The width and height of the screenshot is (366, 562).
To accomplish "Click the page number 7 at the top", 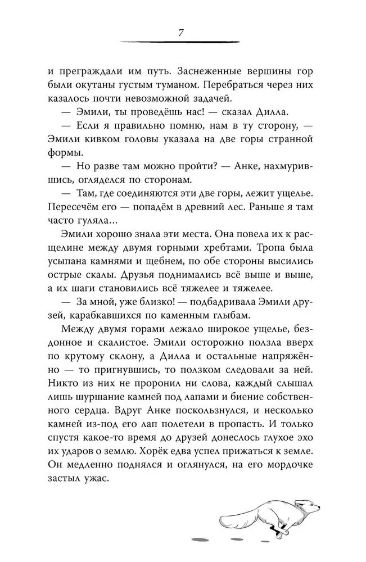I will point(181,32).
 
